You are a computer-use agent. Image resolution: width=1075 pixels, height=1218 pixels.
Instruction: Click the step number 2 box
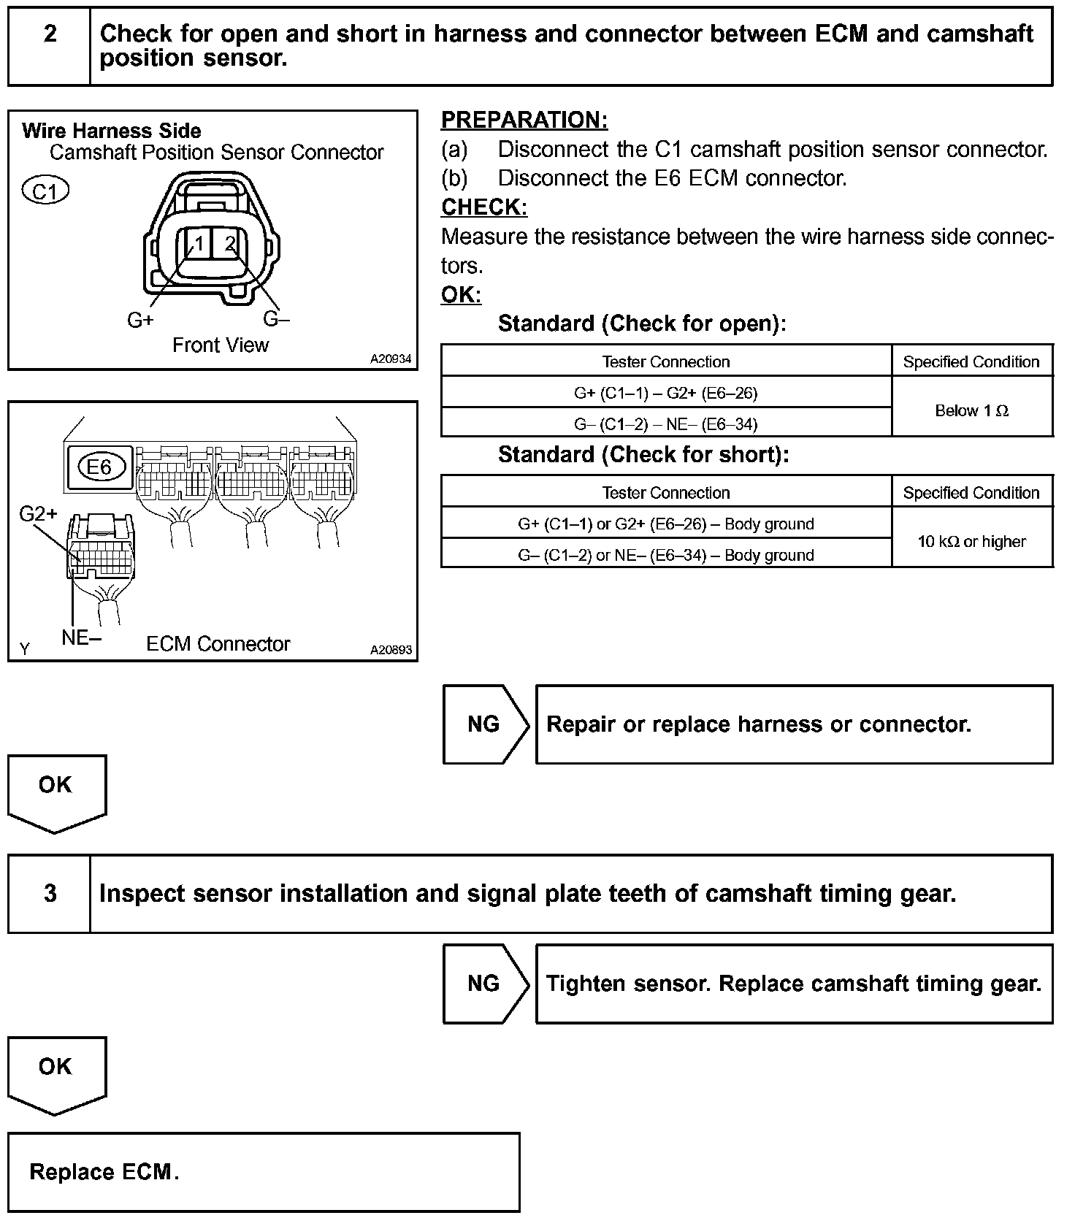click(50, 46)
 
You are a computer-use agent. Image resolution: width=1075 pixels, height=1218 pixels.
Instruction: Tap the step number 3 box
click(50, 893)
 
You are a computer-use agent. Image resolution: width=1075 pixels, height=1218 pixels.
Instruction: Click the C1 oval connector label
click(45, 191)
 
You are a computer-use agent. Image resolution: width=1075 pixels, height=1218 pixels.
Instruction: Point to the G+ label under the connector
click(140, 320)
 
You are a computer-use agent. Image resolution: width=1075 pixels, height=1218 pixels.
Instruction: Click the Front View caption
click(221, 345)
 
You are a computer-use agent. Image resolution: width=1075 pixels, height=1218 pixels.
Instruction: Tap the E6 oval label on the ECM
click(99, 467)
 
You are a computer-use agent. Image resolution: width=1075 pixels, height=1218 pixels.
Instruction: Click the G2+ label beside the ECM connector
click(38, 514)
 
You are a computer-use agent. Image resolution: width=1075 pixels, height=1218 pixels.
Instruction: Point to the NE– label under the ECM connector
click(81, 637)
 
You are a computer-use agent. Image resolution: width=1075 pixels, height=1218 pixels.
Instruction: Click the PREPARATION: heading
click(524, 120)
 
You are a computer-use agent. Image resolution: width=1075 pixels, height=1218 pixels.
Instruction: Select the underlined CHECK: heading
click(484, 207)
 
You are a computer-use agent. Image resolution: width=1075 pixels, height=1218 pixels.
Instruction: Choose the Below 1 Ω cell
click(971, 410)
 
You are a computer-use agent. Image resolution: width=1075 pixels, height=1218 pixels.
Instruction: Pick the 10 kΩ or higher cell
click(971, 541)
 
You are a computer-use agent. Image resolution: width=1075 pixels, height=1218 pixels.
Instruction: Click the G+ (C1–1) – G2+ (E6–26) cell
click(666, 393)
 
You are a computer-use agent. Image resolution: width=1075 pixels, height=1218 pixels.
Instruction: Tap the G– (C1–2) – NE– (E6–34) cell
click(666, 424)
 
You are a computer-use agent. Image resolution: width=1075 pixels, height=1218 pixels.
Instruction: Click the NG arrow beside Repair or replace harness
click(484, 724)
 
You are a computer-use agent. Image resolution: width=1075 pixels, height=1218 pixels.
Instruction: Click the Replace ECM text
click(104, 1172)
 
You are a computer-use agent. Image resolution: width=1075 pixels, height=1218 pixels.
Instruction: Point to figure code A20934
click(391, 359)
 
